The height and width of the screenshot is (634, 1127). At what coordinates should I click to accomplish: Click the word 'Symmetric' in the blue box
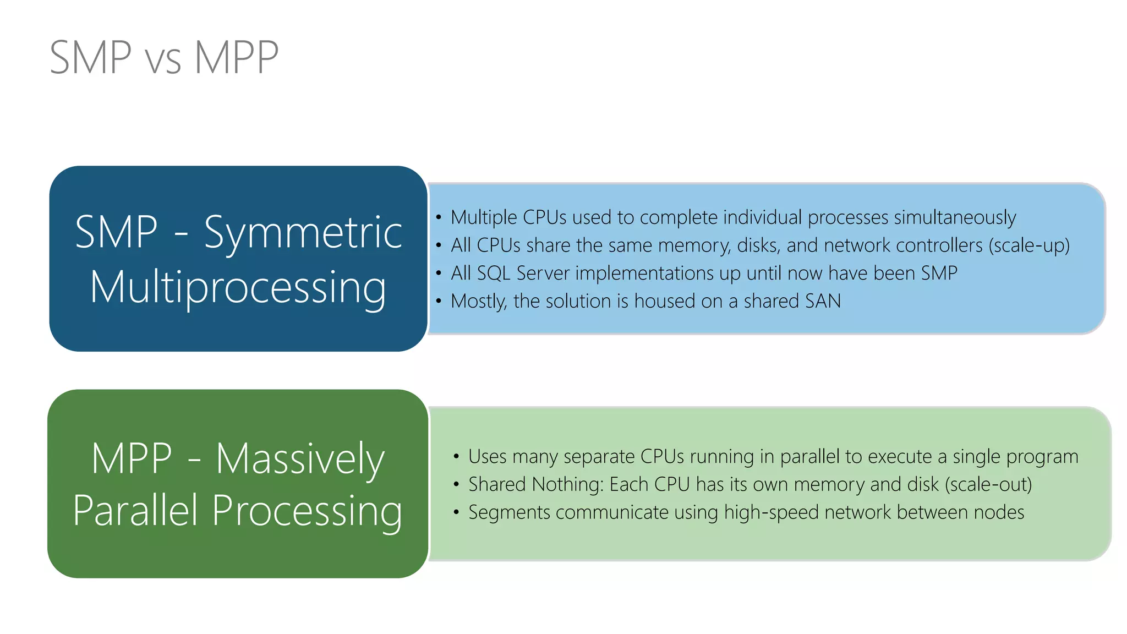[303, 232]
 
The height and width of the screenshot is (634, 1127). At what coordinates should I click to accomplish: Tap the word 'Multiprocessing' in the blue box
[238, 287]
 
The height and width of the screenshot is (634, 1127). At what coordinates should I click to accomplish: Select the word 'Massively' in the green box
[300, 459]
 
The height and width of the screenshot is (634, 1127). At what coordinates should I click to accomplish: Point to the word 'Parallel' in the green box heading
[135, 511]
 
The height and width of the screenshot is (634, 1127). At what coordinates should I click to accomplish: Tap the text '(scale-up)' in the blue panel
[1029, 245]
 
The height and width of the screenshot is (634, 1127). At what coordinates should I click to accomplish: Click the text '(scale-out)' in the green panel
[988, 484]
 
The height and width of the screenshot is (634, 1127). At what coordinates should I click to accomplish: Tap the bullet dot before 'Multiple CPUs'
[439, 217]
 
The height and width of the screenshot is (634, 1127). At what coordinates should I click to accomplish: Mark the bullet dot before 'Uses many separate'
[456, 456]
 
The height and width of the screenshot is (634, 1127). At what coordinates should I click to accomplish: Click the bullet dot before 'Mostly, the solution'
[439, 301]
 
